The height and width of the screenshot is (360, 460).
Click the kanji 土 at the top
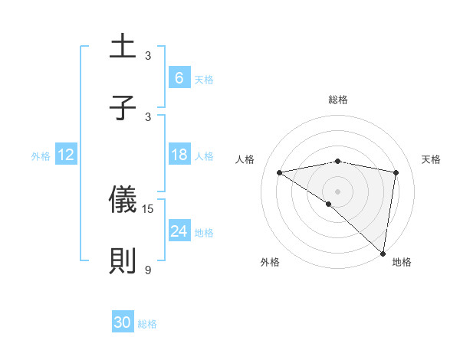click(x=123, y=47)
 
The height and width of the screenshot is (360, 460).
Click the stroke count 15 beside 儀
click(x=149, y=208)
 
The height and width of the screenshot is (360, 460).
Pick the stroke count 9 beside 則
click(x=148, y=270)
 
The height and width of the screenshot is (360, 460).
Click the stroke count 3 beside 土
click(x=148, y=55)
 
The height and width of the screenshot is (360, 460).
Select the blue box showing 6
click(x=179, y=78)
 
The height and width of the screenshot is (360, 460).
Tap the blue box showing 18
click(x=179, y=155)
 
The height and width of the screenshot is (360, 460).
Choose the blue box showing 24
click(x=179, y=231)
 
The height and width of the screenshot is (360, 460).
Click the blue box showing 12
click(x=65, y=155)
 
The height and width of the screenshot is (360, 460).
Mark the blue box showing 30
click(x=122, y=323)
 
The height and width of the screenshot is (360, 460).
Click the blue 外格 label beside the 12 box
click(x=41, y=156)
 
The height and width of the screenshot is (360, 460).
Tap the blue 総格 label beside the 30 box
click(x=147, y=324)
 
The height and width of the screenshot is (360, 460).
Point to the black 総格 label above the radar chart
click(x=338, y=100)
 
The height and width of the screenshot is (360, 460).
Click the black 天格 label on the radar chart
click(x=432, y=159)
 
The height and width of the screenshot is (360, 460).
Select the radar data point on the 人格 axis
click(x=280, y=172)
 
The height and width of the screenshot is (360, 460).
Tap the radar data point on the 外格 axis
click(x=329, y=204)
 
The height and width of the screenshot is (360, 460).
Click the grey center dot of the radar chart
click(x=338, y=190)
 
